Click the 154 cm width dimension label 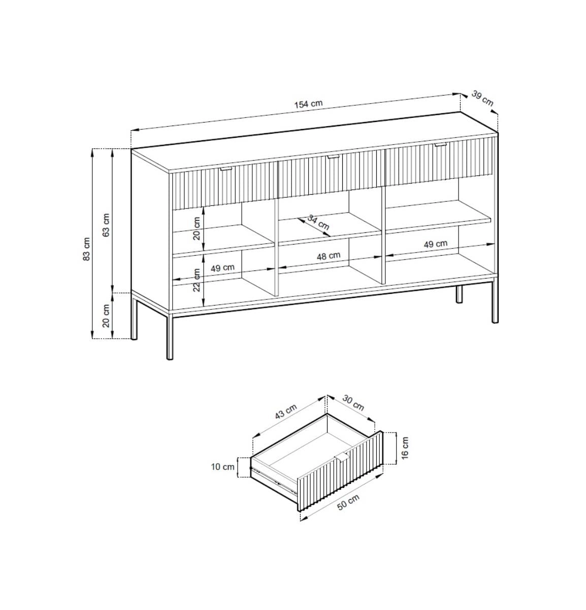(308, 104)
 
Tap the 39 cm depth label (482, 99)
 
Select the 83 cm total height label (87, 249)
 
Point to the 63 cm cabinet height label (106, 225)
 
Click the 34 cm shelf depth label (318, 222)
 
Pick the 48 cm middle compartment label (329, 256)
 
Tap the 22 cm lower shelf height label (197, 280)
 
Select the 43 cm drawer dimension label (286, 412)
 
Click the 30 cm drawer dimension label (353, 403)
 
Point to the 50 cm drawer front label (348, 502)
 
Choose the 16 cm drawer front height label (405, 448)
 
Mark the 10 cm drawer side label (223, 467)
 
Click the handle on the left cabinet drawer (226, 169)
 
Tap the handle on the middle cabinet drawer (333, 157)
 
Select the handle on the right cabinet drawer (440, 144)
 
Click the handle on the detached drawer (342, 456)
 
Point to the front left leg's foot (170, 358)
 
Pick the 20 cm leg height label (106, 316)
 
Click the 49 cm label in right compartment (435, 244)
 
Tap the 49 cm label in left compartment (222, 268)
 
